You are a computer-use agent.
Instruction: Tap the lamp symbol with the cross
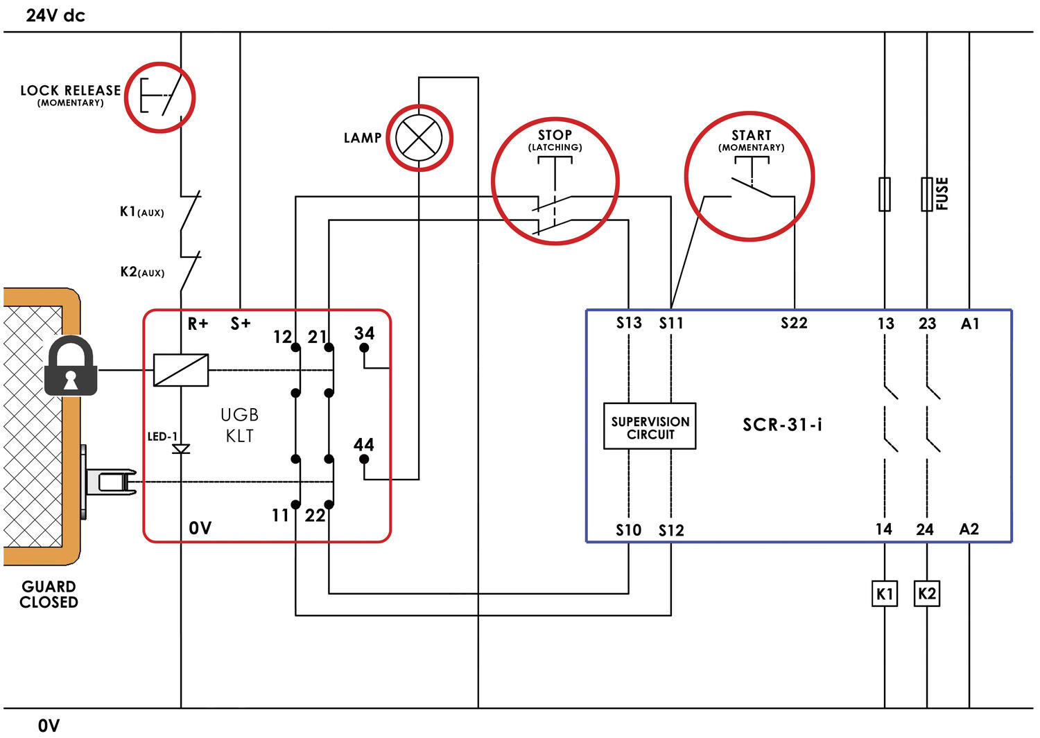tap(419, 137)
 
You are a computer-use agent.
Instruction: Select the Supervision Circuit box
tap(650, 426)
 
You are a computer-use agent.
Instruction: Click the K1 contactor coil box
tap(884, 594)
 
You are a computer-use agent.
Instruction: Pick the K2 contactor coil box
tap(927, 594)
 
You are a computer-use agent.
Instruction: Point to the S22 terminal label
tap(794, 323)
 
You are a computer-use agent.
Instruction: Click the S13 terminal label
tap(629, 323)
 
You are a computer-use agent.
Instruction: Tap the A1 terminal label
tap(970, 324)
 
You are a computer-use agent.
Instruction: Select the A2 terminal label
tap(969, 529)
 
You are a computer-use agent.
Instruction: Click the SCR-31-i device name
tap(782, 425)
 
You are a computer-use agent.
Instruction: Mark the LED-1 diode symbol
tap(181, 449)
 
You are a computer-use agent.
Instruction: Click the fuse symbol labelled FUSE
tap(927, 194)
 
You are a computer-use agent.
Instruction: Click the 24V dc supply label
tap(55, 15)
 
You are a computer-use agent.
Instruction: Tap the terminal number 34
tap(364, 333)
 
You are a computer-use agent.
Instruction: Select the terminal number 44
tap(364, 444)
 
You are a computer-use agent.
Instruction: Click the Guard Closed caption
tap(49, 595)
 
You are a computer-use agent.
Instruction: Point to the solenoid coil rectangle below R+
tap(181, 370)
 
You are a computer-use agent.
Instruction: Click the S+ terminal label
tap(241, 324)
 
